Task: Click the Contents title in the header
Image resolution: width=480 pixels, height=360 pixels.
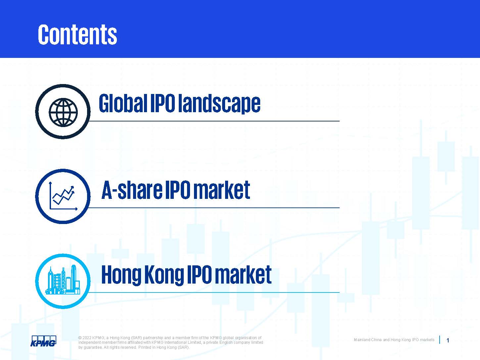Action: coord(77,34)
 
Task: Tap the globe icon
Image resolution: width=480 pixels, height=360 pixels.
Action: coord(63,112)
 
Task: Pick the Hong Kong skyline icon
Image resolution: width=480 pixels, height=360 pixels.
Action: coord(63,280)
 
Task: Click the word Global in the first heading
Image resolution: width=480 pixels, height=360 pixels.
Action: coord(123,103)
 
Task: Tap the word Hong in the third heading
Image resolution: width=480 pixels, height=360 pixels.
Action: coord(121,275)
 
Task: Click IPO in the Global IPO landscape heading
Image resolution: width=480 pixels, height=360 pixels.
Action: coord(163,103)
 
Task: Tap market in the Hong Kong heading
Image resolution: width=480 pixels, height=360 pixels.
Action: coord(243,275)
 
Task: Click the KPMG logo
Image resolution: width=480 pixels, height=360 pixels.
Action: coord(43,341)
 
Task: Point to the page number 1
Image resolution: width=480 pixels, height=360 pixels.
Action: coord(448,340)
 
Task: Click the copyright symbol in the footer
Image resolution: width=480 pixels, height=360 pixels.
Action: coord(80,338)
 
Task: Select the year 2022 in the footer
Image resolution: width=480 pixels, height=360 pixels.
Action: coord(87,338)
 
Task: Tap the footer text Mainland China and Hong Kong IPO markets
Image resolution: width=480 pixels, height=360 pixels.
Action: coord(394,340)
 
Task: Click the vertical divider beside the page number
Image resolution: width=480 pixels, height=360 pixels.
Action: coord(440,340)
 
